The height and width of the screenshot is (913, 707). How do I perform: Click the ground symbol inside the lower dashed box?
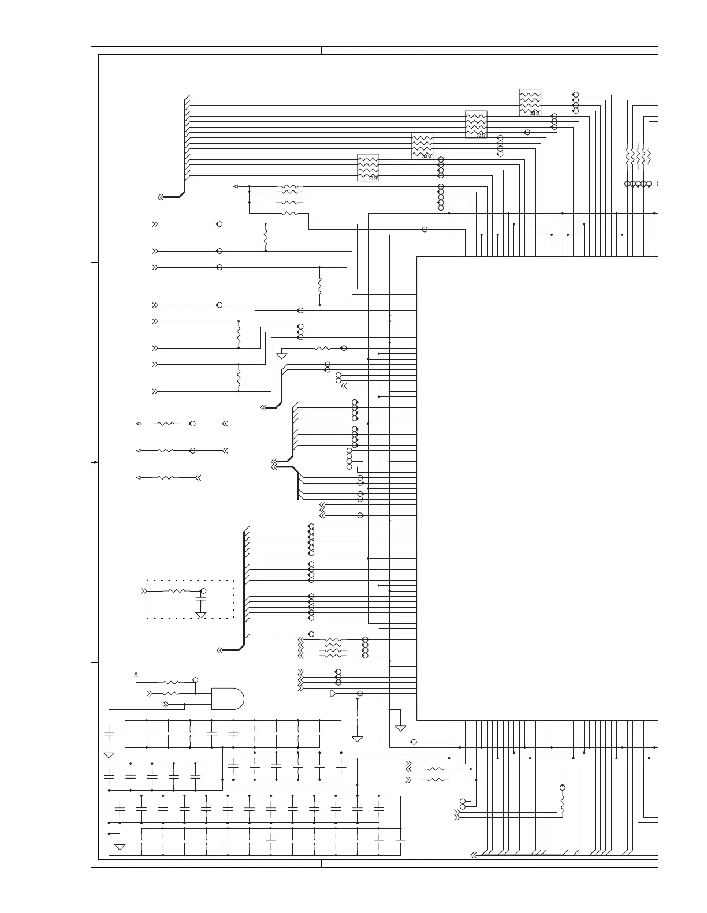(201, 615)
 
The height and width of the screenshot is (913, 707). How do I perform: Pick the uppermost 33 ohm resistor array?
(530, 102)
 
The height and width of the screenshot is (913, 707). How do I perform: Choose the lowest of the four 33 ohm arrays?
(368, 167)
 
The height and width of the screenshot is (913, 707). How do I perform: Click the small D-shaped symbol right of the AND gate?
(333, 693)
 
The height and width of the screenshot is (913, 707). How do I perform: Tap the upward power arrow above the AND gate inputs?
(136, 673)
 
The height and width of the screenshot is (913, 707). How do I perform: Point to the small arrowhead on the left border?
(95, 462)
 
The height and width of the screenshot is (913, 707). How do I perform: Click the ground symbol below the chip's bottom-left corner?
(400, 728)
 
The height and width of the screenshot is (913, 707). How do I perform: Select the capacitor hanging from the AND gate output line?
(357, 717)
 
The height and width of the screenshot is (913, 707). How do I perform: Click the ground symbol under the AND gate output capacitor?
(357, 739)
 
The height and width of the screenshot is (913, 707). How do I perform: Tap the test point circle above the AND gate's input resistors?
(196, 680)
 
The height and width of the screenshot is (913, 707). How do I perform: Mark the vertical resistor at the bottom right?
(563, 804)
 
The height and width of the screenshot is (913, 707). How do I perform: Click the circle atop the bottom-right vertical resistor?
(563, 788)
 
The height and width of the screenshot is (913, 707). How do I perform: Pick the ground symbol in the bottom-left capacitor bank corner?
(120, 847)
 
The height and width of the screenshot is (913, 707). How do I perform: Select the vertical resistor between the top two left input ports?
(266, 238)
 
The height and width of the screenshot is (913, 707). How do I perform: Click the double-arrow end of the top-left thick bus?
(160, 197)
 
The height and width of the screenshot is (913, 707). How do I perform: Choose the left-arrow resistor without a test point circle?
(166, 478)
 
